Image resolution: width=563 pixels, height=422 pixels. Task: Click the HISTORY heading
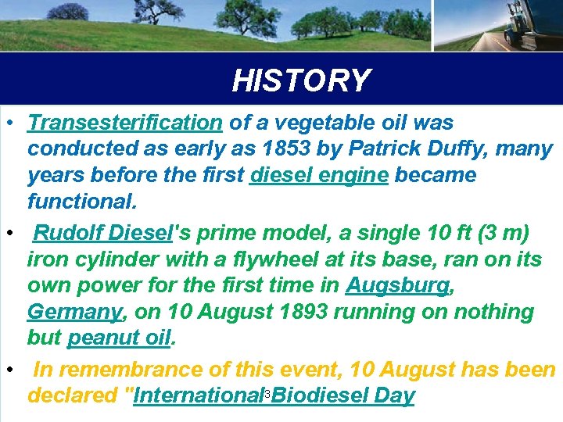301,80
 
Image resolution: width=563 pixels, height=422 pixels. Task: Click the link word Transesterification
125,123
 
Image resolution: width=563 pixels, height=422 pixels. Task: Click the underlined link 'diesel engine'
319,174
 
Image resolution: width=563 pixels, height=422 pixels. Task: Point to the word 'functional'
81,201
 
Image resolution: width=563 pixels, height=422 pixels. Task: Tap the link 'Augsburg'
398,284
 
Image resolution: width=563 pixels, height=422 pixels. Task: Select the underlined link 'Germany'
75,312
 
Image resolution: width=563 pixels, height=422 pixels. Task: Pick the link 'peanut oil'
119,338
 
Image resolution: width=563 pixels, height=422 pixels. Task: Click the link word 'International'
199,395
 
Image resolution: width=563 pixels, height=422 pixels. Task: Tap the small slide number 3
267,393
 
